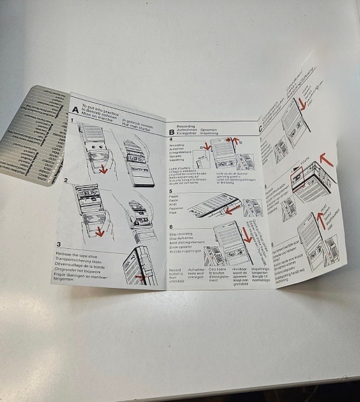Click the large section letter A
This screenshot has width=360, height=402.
(x=75, y=110)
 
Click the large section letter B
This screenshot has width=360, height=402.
(x=171, y=131)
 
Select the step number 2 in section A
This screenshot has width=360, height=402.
(x=66, y=181)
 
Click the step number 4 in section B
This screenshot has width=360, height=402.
(x=171, y=139)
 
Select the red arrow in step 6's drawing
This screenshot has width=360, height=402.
(x=246, y=234)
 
